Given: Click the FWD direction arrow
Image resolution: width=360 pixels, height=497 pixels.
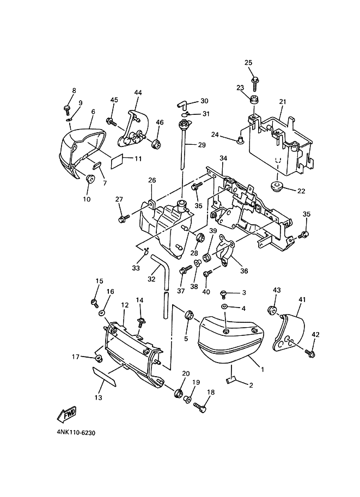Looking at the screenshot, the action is [x=66, y=414].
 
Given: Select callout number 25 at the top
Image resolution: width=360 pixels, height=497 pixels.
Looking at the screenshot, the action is [x=248, y=63].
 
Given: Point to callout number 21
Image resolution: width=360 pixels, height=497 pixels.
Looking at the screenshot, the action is [x=283, y=102].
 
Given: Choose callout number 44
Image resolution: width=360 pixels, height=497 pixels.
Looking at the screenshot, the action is [x=138, y=93].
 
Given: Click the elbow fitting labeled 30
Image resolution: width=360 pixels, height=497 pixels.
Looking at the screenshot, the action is [x=182, y=103].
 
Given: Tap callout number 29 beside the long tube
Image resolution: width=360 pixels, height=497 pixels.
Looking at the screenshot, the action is [x=202, y=145].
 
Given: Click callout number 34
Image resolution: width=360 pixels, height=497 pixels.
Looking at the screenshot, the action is [x=224, y=158].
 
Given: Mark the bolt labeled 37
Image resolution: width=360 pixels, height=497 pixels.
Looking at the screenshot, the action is [x=186, y=270].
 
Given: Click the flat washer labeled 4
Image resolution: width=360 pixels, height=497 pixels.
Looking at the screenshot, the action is [x=225, y=307].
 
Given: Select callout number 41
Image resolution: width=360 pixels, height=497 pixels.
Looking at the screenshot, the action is [x=302, y=299].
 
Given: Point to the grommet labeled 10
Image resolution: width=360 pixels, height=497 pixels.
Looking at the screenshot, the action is [x=90, y=178].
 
